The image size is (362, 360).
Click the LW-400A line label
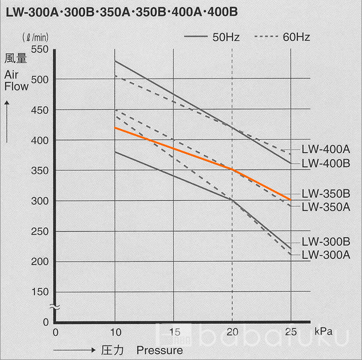(326, 148)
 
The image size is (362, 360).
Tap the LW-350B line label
(326, 194)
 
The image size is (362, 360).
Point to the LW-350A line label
(326, 207)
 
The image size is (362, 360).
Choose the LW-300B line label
(326, 241)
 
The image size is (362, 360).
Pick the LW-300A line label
(326, 254)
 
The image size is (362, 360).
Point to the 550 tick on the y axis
(39, 49)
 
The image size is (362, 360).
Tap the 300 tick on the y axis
(39, 200)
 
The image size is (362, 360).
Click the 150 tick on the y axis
(39, 292)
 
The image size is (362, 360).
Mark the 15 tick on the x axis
(174, 332)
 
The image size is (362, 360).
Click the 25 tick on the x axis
(291, 332)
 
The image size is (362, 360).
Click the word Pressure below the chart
(159, 350)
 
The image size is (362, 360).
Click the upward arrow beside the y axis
(7, 121)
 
